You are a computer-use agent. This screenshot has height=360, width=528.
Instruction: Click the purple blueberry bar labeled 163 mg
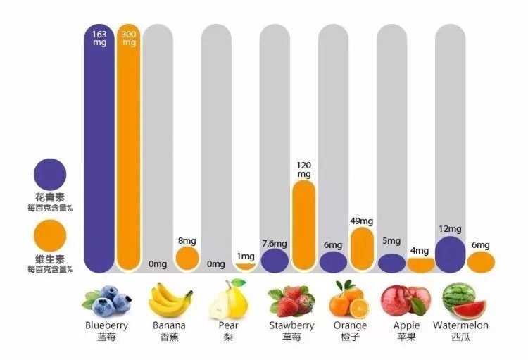coord(99,155)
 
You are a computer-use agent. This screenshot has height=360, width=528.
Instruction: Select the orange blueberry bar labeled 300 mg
coord(129,155)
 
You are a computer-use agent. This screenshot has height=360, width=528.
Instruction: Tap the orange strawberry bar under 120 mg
coord(303,225)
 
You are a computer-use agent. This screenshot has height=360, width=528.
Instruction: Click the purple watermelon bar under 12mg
coord(450,254)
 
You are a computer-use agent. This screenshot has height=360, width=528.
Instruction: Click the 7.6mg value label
coord(274,244)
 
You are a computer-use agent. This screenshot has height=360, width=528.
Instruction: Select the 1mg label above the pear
coord(246,256)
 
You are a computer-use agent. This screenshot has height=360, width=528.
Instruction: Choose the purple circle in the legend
coord(50,173)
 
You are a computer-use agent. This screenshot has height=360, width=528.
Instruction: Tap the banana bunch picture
coord(170,299)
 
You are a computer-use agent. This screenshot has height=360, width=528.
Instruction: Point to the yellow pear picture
coord(228,299)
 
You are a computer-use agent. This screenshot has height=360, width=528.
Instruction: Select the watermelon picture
coord(460,299)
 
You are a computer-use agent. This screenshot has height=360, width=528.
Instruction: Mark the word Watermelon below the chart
coord(460,325)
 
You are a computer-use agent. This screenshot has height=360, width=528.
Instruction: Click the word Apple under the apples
coord(406,325)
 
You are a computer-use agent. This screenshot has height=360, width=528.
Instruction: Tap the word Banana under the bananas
coord(169,325)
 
